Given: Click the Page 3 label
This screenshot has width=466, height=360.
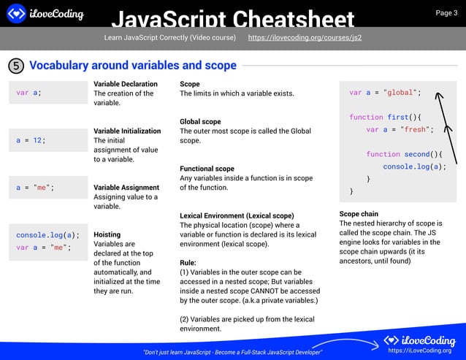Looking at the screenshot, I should point(446,12).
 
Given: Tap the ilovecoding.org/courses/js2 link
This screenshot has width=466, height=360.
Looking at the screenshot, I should point(305,37).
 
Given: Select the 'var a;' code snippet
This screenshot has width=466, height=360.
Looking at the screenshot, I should point(29,93).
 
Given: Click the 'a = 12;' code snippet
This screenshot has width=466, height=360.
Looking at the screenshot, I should point(31,139).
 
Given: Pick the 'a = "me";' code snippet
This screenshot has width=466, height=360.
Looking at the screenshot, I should point(35,187).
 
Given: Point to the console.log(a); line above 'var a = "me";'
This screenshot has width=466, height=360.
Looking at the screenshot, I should point(47,234).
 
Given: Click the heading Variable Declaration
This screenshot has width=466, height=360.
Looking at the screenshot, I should point(125,84).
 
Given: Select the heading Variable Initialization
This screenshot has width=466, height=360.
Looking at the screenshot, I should point(127,131).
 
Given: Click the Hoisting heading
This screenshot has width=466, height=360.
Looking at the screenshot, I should point(107,235).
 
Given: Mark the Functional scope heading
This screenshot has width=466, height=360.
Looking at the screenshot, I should point(207,169).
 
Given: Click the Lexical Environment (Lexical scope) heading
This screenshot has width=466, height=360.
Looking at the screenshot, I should point(237,216).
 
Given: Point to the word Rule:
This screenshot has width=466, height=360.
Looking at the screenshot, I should point(188,262).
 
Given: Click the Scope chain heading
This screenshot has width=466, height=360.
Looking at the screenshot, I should point(359,214).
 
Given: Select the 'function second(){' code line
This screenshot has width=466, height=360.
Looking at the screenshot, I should point(405,154).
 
